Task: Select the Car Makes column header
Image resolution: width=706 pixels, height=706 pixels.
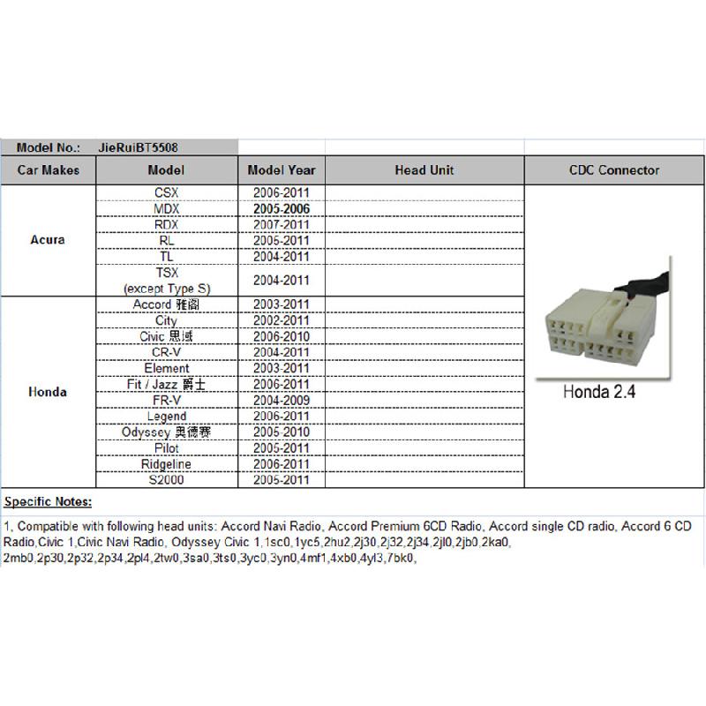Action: [48, 170]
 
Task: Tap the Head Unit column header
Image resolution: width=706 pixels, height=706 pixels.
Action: [424, 170]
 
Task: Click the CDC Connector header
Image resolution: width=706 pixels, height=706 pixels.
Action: [614, 170]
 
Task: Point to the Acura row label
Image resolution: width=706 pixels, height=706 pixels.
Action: [48, 240]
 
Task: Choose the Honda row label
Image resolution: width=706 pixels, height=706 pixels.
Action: [48, 392]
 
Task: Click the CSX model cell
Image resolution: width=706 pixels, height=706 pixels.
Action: [166, 192]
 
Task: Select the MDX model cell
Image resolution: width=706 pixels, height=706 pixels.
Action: [166, 208]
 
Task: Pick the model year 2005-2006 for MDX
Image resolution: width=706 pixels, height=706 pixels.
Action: [281, 208]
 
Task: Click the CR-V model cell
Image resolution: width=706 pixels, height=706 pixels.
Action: [166, 352]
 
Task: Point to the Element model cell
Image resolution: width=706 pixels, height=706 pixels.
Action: [166, 368]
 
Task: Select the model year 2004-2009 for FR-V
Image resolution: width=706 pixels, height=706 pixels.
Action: [281, 400]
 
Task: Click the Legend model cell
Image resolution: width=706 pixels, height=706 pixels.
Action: [166, 416]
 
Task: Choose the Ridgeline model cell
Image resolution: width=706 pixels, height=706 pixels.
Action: [166, 464]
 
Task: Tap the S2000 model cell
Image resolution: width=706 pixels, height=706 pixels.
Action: [166, 480]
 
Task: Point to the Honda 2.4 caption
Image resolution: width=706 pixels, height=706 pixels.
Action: [599, 392]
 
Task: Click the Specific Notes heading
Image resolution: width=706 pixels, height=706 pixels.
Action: [49, 502]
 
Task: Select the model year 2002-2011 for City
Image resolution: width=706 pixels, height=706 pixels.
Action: [281, 320]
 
